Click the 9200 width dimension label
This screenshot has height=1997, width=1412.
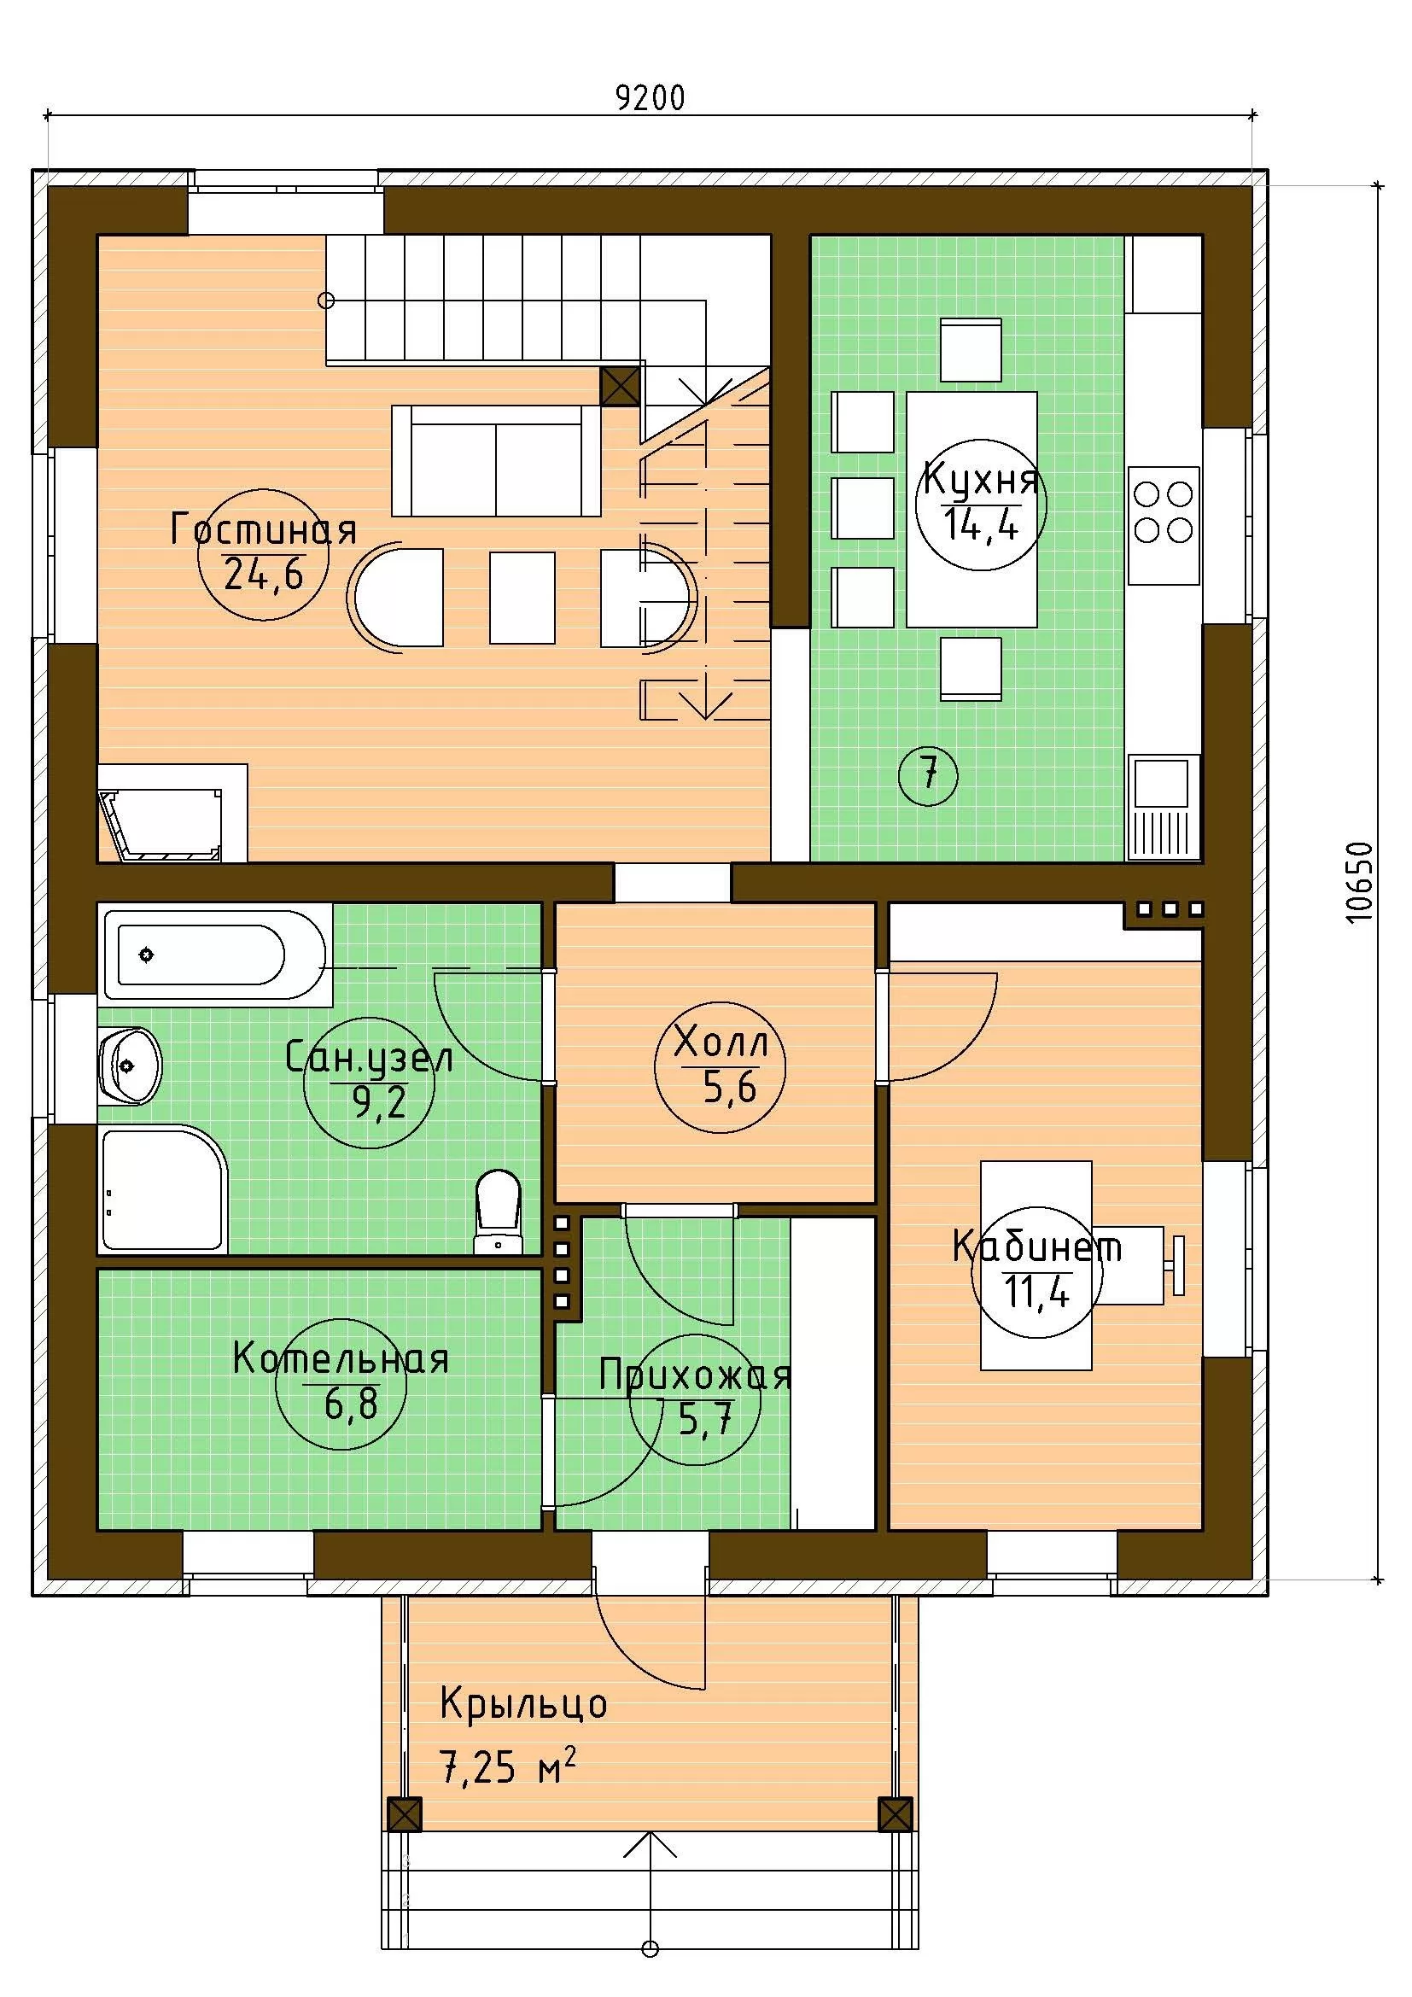coord(651,97)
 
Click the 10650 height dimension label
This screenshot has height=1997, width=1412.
coord(1358,882)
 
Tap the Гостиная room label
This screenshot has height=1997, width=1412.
coord(264,529)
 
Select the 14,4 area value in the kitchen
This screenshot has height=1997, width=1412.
coord(981,524)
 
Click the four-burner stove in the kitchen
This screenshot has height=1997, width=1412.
coord(1164,525)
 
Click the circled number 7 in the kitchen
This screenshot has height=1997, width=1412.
coord(929,773)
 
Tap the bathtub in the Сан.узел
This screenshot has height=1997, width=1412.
coord(214,955)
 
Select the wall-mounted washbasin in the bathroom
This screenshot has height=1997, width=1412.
coord(130,1066)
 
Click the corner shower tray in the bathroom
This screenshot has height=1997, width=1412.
coord(162,1189)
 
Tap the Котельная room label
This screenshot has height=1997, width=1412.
coord(340,1359)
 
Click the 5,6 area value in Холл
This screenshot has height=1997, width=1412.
coord(729,1087)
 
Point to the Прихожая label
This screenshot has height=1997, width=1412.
coord(695,1377)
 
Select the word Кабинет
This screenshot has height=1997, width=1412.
coord(1037,1247)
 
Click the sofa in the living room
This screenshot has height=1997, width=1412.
coord(496,460)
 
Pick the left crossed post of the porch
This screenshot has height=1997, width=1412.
coord(404,1815)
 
